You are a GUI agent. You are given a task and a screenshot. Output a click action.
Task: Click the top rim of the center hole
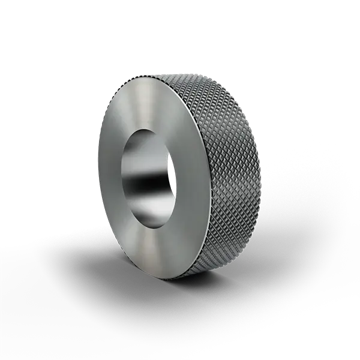coord(147,128)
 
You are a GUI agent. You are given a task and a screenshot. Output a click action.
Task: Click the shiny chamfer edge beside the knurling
coord(205,180)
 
